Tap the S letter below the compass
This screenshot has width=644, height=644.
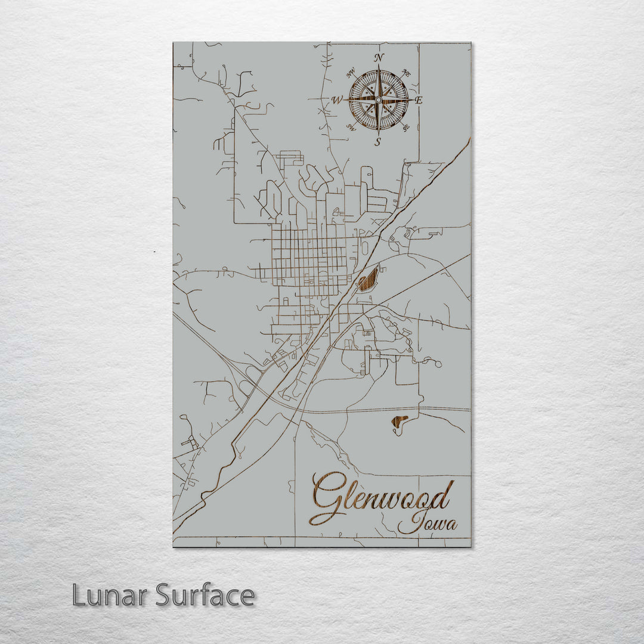pos(378,141)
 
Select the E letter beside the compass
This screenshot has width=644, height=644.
pos(419,100)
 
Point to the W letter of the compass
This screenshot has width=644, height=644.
pos(337,100)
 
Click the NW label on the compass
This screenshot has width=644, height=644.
pos(351,74)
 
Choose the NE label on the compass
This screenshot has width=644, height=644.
pos(406,73)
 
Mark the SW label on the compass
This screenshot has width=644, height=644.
pos(351,127)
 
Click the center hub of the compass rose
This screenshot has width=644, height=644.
pos(378,99)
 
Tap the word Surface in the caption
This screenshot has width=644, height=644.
pos(205,595)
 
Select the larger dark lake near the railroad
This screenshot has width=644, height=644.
pos(368,279)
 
